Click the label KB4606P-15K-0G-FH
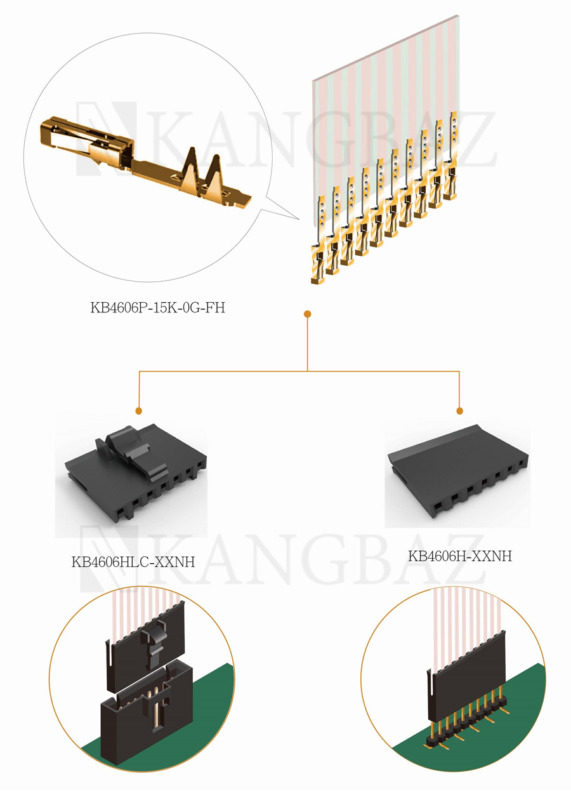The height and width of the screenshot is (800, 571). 158,307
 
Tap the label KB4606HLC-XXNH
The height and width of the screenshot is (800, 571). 133,562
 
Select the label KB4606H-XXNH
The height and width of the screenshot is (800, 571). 460,556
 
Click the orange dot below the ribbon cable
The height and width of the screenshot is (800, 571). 307,314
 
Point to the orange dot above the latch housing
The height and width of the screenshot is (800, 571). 139,411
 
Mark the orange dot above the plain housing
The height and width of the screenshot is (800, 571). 459,411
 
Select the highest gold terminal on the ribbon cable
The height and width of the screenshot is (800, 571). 450,156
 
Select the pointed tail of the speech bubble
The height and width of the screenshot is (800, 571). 299,219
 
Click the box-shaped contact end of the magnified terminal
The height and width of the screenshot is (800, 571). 88,142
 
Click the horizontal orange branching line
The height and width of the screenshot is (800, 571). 299,371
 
